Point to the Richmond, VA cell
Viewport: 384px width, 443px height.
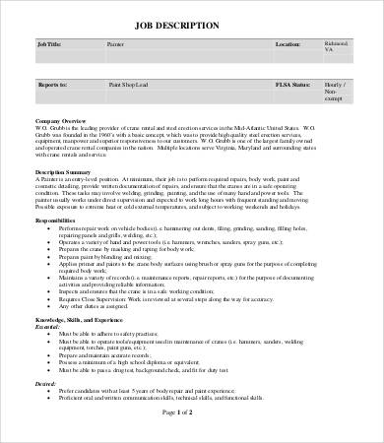point(338,48)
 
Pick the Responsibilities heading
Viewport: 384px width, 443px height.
point(58,221)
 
